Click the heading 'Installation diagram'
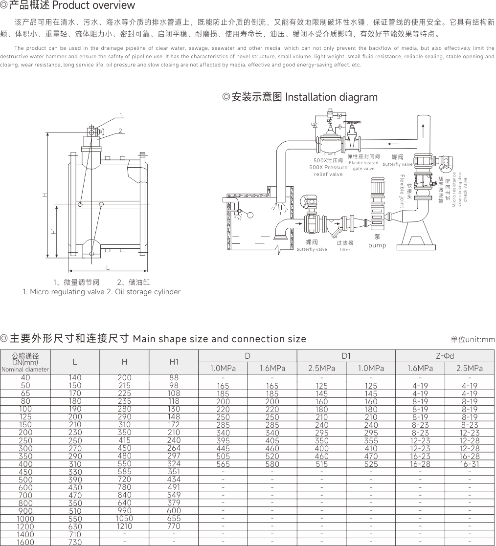331,97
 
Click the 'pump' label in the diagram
377,245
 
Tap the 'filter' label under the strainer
345,250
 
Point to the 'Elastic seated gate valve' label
363,166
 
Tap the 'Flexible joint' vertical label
402,191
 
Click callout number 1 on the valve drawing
121,115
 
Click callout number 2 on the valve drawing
120,131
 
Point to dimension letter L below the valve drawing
108,268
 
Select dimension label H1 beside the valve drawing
54,231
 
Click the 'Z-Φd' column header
445,355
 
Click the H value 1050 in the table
124,519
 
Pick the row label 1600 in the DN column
25,542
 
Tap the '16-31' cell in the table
470,464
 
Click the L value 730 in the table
75,542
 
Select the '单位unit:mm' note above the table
473,339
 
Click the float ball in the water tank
249,216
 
